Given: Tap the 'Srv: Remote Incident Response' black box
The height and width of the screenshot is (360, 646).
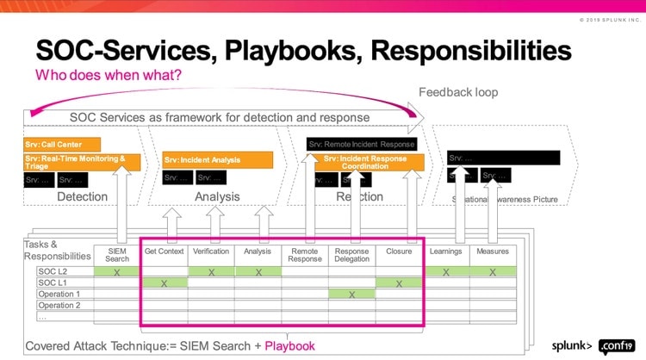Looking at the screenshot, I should (x=362, y=144).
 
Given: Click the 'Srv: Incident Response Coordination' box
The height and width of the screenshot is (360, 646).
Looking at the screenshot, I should (x=374, y=161).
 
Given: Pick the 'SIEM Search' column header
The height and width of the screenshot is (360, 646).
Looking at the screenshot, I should (x=117, y=255).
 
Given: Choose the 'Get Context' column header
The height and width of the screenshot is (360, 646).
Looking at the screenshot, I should (x=164, y=251).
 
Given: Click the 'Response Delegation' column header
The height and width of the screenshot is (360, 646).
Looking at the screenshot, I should (x=351, y=255).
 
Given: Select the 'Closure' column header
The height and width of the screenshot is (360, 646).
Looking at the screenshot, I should (x=399, y=251).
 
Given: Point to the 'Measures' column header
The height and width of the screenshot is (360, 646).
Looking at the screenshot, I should (x=492, y=251).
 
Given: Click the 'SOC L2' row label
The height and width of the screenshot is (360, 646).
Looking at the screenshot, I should (x=53, y=271).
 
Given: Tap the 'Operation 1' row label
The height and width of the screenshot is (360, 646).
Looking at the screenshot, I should (x=59, y=294).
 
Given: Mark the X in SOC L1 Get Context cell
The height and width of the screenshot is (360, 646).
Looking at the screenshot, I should (x=164, y=282).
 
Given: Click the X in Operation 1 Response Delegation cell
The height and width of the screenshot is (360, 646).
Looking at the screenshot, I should (x=351, y=294).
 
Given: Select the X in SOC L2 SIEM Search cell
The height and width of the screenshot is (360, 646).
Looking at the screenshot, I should (x=117, y=271).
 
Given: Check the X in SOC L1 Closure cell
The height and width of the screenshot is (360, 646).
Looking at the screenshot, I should (x=399, y=282).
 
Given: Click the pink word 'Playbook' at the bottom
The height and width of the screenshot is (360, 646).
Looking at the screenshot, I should (x=289, y=345).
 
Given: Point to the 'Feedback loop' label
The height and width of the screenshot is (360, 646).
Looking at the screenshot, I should (x=458, y=92).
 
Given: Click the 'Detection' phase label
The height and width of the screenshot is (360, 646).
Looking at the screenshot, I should (x=82, y=196).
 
